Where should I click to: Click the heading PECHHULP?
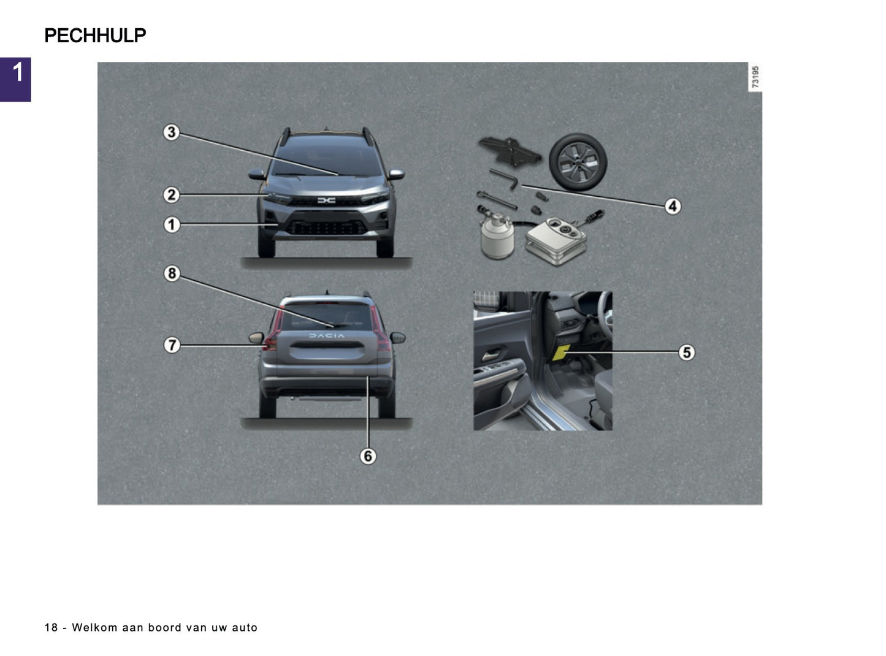click(95, 36)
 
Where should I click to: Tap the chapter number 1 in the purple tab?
click(17, 73)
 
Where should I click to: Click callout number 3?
click(171, 132)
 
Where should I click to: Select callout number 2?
click(171, 195)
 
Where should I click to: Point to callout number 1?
click(171, 224)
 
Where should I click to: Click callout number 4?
click(673, 206)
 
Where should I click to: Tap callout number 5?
click(687, 353)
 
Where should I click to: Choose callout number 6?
click(368, 456)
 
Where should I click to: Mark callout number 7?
click(172, 345)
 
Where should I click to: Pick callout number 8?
click(172, 273)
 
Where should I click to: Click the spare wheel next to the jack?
click(578, 162)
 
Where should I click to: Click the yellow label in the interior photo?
click(561, 352)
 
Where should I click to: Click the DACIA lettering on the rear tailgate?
click(326, 336)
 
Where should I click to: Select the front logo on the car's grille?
click(326, 200)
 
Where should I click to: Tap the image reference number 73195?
click(755, 77)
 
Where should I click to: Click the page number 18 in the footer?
click(51, 628)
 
